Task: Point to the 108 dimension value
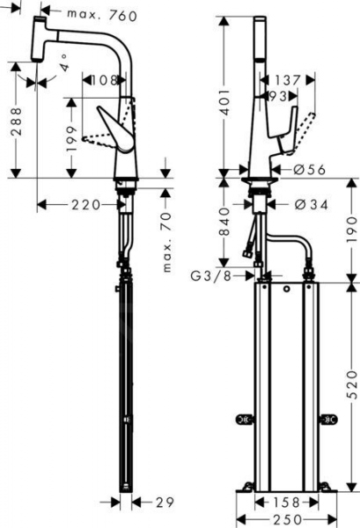point(105,80)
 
